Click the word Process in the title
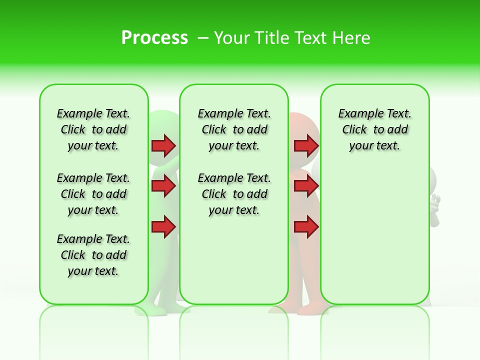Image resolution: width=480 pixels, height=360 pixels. tap(154, 37)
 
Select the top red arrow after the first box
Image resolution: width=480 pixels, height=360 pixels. tap(163, 145)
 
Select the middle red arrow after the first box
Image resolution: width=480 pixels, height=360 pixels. tap(163, 186)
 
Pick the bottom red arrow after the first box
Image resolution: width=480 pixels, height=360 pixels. tap(163, 227)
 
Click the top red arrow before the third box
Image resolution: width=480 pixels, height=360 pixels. tap(306, 145)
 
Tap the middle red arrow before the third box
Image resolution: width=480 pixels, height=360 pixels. tap(306, 186)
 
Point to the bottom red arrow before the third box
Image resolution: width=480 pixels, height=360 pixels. tap(306, 227)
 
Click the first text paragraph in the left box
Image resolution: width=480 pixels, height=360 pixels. tap(93, 129)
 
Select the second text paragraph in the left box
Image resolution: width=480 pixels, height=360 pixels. tap(93, 194)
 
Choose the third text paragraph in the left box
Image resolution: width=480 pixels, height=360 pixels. tap(93, 255)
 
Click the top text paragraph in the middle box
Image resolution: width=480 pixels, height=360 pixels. tap(234, 129)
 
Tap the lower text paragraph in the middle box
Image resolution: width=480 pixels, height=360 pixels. tap(234, 194)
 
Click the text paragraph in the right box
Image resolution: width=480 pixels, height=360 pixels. tap(374, 129)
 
